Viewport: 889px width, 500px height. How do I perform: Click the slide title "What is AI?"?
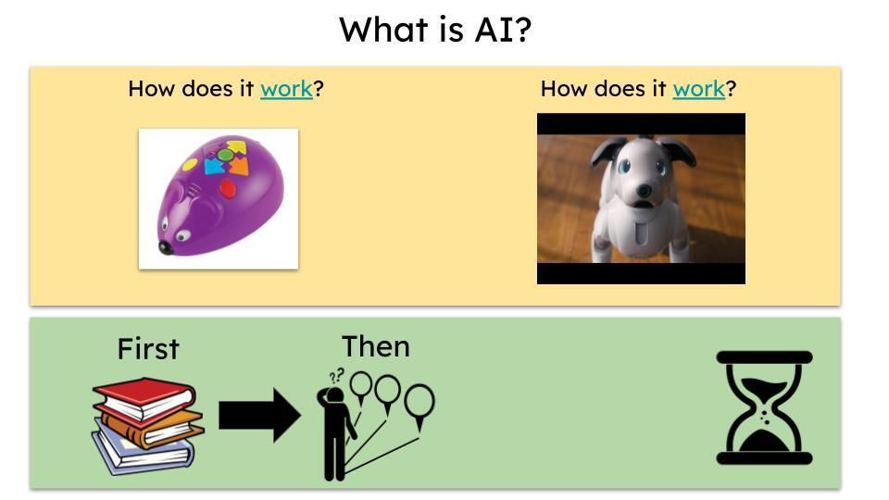435,30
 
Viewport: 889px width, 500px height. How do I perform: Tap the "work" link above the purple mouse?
286,89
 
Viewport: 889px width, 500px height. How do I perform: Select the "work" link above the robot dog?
698,89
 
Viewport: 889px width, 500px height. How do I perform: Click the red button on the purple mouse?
228,188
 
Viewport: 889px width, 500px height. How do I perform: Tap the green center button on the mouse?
225,155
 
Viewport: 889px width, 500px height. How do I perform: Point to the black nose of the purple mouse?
166,248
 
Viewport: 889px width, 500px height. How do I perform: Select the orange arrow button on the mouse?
239,167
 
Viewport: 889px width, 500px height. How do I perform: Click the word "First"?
148,349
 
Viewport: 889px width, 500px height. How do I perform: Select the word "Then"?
376,346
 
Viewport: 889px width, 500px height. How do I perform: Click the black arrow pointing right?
259,415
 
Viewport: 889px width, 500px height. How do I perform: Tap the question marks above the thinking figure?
337,375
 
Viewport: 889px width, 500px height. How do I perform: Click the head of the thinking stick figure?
335,394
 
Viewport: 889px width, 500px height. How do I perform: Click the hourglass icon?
764,407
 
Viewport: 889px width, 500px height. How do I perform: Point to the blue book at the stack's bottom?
143,451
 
